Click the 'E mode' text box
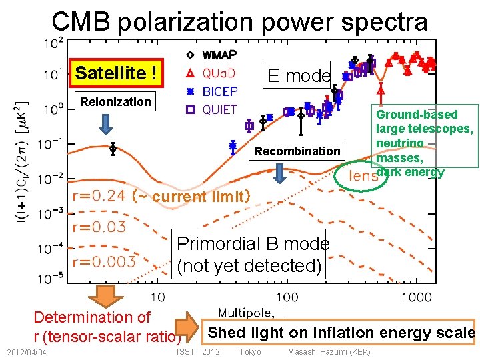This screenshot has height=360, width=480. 299,75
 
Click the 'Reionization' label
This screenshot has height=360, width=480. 115,102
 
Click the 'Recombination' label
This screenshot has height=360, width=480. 297,151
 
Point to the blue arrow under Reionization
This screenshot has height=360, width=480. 107,124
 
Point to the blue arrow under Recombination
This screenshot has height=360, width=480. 281,173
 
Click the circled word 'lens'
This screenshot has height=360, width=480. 364,176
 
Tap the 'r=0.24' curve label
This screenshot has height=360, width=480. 99,195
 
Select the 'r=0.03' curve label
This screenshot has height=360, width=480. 99,227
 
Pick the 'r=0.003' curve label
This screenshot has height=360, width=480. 103,261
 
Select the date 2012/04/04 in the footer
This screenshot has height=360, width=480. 24,352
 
